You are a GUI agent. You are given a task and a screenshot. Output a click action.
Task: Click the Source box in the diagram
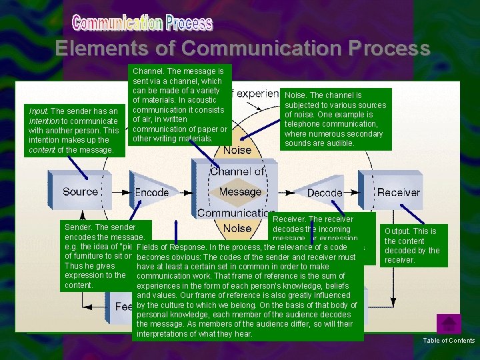pos(80,192)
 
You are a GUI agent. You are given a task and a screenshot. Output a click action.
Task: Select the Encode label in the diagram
pos(152,192)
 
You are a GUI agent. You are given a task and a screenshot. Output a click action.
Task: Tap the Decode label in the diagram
pos(325,193)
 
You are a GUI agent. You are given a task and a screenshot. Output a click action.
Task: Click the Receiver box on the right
pos(399,192)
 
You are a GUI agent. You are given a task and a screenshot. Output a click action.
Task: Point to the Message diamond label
pos(240,192)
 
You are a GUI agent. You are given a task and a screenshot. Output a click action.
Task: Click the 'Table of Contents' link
pos(449,341)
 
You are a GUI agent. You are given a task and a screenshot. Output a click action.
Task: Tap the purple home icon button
pos(449,324)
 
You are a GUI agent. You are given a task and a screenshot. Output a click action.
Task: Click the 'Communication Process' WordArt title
pos(143,24)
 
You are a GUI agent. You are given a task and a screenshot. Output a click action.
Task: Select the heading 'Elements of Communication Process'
pos(243,49)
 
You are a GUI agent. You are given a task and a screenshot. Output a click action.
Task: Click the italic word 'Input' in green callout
pos(39,111)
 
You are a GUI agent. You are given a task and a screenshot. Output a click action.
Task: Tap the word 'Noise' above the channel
pos(237,151)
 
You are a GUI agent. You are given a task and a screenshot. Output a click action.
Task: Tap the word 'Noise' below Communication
pos(237,229)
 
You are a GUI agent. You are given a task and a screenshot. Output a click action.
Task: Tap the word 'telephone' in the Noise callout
pos(303,124)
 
